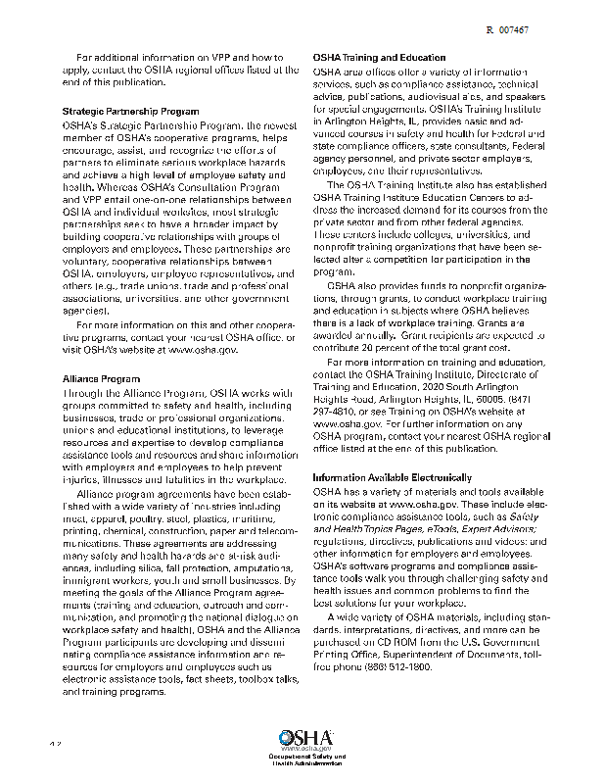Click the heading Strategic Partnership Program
118,112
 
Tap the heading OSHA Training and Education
379,59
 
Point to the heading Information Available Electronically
393,477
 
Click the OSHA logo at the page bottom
304,738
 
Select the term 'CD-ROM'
381,642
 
